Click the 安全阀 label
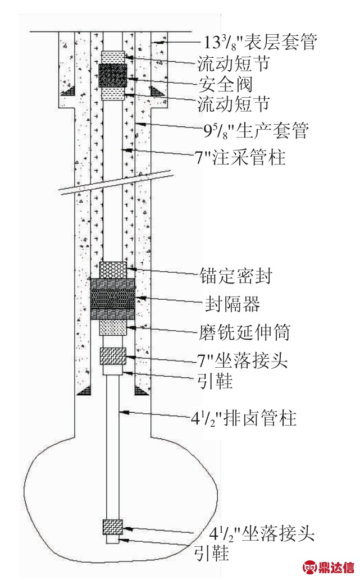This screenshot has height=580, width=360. (226, 84)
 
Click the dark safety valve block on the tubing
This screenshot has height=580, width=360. (113, 75)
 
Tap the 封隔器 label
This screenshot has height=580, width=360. (233, 304)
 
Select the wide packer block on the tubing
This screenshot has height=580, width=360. (113, 299)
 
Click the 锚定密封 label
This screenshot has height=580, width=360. (236, 276)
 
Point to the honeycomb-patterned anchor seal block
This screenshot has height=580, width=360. (113, 270)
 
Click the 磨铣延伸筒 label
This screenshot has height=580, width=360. (244, 332)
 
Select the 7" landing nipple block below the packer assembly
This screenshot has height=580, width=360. (113, 356)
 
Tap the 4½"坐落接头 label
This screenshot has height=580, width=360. (262, 534)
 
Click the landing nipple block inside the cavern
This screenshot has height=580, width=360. (112, 527)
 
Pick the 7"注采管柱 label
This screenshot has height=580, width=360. (240, 157)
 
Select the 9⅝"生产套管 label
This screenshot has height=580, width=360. (256, 131)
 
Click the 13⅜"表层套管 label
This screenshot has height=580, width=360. (260, 42)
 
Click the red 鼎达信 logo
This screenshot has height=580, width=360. (329, 567)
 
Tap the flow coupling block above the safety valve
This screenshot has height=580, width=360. (113, 57)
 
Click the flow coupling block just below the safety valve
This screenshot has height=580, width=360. (113, 94)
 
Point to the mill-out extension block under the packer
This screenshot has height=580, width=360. (113, 328)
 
